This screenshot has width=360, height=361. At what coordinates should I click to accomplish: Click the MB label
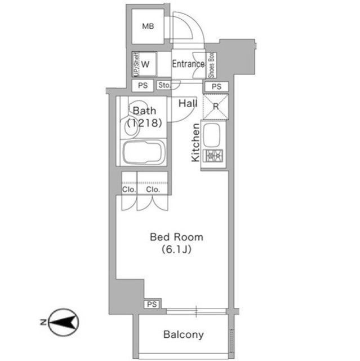148,27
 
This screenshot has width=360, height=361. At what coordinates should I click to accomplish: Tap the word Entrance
188,64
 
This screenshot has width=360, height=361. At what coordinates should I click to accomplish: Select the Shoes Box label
211,65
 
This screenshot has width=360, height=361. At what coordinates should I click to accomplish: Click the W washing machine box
145,64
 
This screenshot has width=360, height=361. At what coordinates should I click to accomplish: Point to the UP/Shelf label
136,64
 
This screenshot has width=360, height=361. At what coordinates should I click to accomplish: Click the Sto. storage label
165,85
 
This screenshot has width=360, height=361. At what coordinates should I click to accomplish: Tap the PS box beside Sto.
143,85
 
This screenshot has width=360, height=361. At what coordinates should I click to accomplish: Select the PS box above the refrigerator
216,86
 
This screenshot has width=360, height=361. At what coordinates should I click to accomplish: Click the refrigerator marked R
216,107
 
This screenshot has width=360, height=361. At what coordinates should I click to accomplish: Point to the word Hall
188,103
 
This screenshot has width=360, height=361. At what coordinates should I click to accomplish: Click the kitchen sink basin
212,135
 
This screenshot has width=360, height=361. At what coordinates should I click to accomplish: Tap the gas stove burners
215,156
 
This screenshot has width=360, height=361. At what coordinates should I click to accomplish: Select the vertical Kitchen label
195,143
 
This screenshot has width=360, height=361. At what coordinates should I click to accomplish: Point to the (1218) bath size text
145,123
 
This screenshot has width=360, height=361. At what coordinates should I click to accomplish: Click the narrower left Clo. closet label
129,190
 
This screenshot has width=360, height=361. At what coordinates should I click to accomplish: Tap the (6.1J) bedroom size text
176,249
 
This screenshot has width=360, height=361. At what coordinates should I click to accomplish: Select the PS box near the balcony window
152,305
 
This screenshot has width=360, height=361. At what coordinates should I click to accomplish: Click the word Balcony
184,334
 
